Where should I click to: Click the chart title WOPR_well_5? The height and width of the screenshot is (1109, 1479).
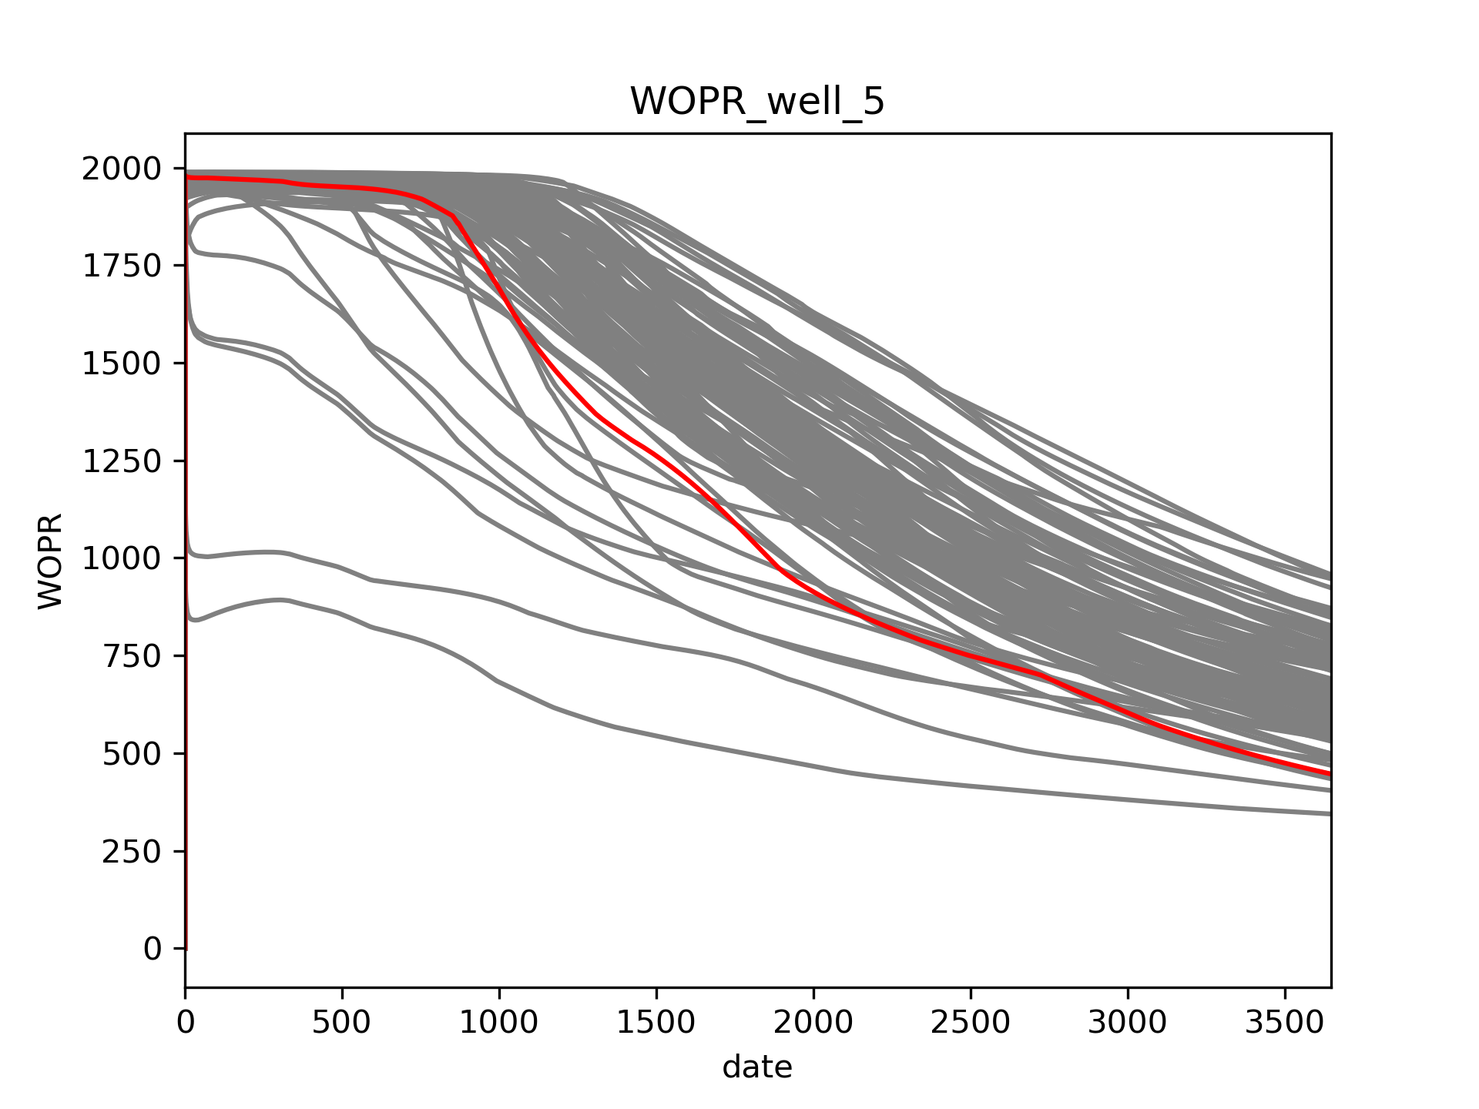(x=757, y=102)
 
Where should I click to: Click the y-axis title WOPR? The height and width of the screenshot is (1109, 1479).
(x=51, y=561)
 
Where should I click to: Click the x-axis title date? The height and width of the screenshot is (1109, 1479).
(x=757, y=1067)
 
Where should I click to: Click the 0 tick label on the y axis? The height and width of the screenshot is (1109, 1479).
(x=153, y=949)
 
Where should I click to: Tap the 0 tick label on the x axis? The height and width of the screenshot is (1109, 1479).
(x=185, y=1023)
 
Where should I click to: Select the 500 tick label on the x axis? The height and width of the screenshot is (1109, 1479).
(x=341, y=1023)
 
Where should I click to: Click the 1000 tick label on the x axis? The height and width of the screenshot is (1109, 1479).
(x=499, y=1023)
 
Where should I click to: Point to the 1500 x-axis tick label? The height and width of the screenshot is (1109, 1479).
(x=656, y=1023)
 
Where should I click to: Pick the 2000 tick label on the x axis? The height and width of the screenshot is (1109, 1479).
(x=813, y=1023)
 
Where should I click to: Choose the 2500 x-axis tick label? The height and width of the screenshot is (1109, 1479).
(x=971, y=1023)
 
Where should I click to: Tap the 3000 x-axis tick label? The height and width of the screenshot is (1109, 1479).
(x=1128, y=1023)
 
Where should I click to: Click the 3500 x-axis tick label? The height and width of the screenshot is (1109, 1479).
(x=1285, y=1023)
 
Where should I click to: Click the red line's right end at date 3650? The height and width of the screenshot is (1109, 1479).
(x=1330, y=774)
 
